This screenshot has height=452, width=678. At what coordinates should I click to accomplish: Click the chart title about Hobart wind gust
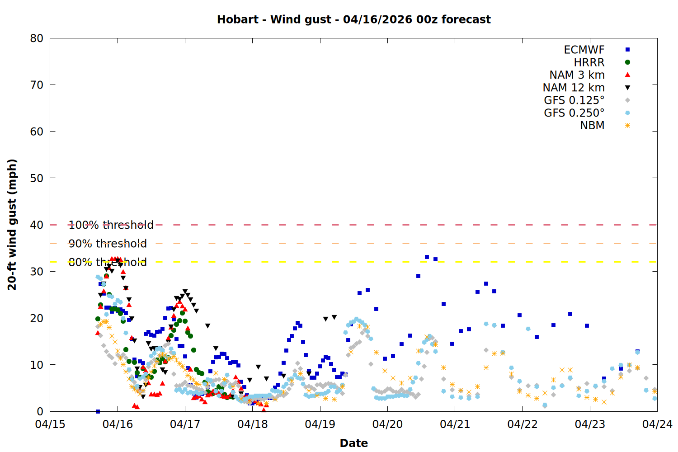coord(353,19)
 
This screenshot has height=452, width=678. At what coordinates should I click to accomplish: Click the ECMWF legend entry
coord(584,50)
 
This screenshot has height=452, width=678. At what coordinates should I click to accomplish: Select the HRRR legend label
coord(589,62)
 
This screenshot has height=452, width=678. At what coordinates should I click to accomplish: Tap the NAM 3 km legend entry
coord(577,75)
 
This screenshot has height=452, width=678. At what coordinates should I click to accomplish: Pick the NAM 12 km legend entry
coord(574,88)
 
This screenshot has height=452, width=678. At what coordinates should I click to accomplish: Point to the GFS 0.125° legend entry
coord(574,100)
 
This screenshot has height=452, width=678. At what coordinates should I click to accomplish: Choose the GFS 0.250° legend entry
coord(574,113)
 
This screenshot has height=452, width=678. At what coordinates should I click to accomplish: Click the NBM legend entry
coord(592,126)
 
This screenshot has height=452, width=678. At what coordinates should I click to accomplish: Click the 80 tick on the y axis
coord(37,38)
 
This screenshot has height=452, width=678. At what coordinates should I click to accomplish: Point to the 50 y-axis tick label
coord(37,178)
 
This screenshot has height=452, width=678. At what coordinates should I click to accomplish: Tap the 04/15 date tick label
coord(50,424)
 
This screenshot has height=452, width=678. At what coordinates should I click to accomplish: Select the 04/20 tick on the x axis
coord(387,424)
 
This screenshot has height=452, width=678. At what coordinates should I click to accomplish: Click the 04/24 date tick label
coord(657,424)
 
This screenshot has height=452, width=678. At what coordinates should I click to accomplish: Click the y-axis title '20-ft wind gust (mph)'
coord(12,225)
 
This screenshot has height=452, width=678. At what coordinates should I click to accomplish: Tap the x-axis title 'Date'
coord(353,443)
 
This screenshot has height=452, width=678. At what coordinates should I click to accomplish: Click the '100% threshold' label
coord(111,225)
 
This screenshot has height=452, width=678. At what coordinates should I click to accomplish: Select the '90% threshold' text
coord(108,244)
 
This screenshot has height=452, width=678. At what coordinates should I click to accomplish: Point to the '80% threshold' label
coord(108,262)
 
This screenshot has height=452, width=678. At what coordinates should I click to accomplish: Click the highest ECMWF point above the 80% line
coord(427,257)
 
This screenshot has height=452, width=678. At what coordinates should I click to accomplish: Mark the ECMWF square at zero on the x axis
coord(98,411)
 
